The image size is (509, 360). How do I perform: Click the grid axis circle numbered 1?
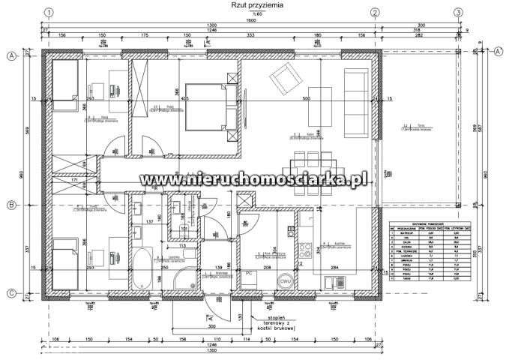tap(49, 13)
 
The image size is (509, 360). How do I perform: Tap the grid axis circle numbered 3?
tap(457, 13)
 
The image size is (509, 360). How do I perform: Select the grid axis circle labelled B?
tap(12, 205)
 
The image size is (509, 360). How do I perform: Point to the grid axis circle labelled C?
tap(12, 293)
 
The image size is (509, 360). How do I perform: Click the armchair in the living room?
tap(283, 76)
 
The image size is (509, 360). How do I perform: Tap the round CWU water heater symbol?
tap(285, 281)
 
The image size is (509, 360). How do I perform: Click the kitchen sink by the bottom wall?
tap(331, 283)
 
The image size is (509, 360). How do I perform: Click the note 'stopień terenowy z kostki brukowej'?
tap(274, 322)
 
